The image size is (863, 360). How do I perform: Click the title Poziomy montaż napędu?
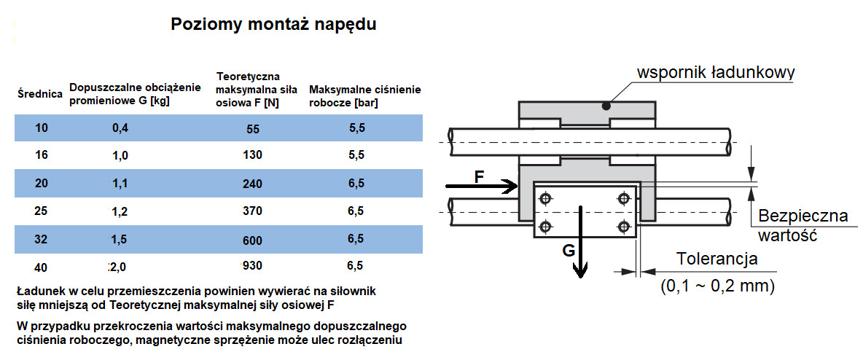pos(273,24)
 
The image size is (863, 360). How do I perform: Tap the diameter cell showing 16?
pos(41,154)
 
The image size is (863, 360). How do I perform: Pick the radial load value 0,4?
pos(120,128)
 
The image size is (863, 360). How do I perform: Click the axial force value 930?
pos(252,265)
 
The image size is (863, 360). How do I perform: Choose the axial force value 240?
pos(252,184)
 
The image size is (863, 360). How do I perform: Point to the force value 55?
pos(253,129)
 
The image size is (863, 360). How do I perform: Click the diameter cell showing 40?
pos(41,266)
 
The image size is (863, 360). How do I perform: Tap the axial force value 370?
pos(252,211)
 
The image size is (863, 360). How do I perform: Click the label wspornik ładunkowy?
pos(715,73)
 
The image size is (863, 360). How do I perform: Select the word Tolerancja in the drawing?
pos(717,259)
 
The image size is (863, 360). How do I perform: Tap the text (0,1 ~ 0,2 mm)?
pos(717,286)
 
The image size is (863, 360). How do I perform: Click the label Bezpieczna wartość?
pos(802,226)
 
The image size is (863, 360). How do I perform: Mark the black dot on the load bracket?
pos(606,106)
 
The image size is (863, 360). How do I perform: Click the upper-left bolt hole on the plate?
pos(544,197)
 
